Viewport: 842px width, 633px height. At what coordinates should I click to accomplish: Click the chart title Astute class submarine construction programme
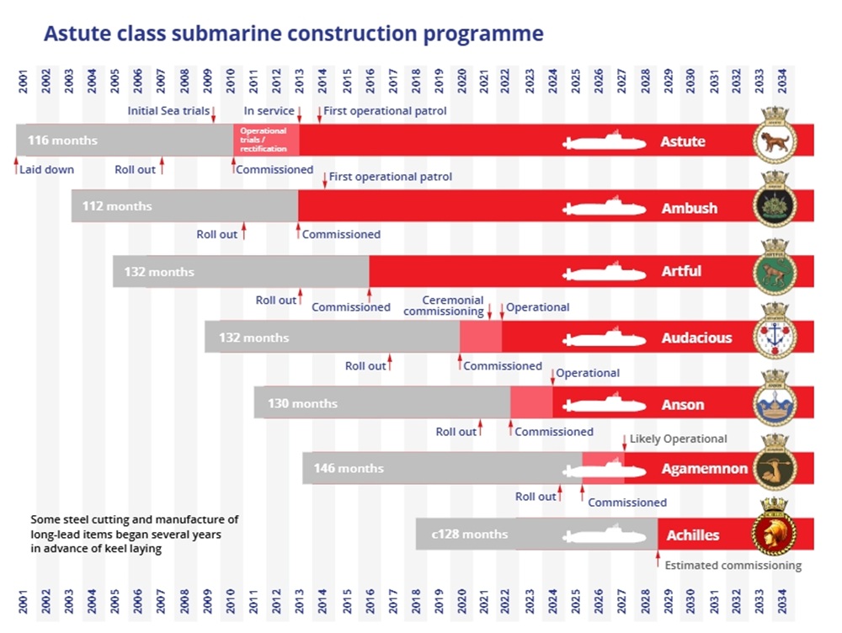293,34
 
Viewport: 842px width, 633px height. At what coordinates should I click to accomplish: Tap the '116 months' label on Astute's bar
62,141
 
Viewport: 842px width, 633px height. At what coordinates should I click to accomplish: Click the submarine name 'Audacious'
696,338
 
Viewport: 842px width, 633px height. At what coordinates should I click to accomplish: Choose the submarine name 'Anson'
682,404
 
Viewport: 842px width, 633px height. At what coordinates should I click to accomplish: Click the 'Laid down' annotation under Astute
46,169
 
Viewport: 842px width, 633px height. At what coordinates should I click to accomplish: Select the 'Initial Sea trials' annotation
168,110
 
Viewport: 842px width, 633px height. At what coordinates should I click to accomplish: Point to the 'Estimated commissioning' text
733,566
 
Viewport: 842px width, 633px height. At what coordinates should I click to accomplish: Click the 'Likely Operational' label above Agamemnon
678,439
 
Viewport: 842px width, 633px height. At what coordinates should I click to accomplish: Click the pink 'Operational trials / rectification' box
265,140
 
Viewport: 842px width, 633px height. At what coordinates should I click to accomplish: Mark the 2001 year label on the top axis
24,83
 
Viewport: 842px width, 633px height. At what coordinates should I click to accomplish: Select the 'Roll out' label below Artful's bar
276,301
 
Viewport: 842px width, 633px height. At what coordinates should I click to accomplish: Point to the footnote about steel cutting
134,534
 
